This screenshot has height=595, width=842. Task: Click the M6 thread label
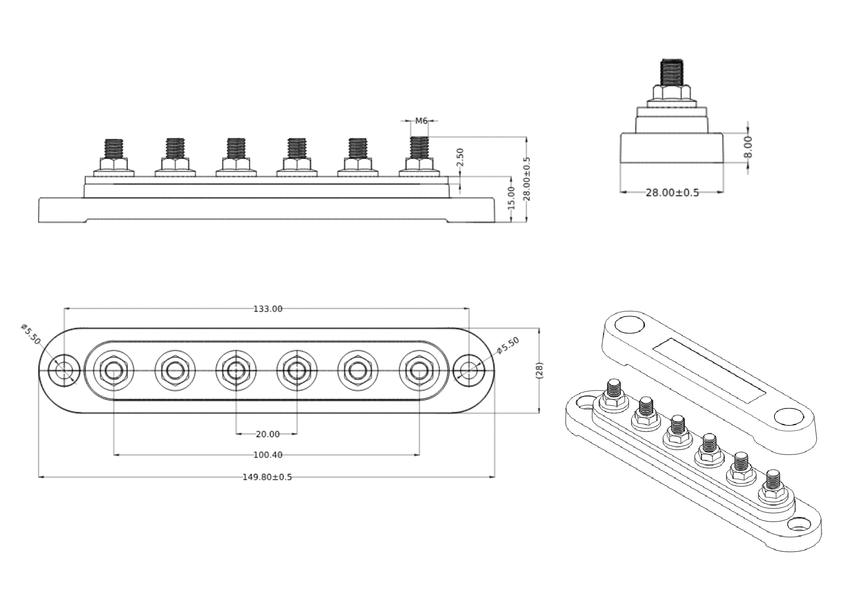pos(421,120)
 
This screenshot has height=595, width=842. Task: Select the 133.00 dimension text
pos(267,309)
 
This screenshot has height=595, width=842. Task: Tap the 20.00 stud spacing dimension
pos(267,434)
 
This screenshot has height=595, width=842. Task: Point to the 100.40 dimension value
pos(267,455)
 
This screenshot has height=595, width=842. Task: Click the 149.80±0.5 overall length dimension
pos(267,477)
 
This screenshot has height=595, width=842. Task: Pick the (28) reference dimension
pos(539,370)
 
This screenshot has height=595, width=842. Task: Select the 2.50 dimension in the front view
pos(460,157)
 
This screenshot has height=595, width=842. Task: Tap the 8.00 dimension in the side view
pos(748,146)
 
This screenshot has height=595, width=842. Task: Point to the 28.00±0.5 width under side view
pos(672,192)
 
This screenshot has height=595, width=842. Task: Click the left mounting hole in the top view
pos(63,370)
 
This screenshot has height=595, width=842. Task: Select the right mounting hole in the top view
pos(468,370)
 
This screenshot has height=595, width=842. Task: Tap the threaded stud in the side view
pos(672,72)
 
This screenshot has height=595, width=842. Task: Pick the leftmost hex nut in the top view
pos(114,370)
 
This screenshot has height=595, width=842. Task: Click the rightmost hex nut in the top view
pos(419,370)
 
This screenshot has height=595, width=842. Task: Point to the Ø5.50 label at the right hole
pos(508,345)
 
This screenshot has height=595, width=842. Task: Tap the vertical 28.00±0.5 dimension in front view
pos(527,179)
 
